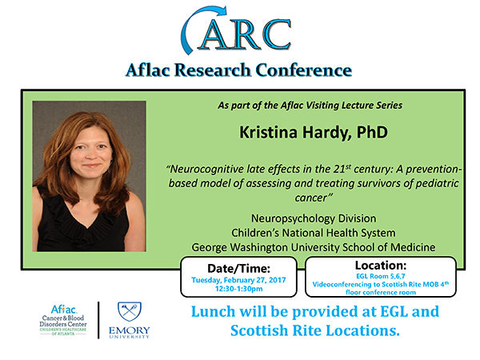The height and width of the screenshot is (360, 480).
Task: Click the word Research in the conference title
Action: tap(213, 70)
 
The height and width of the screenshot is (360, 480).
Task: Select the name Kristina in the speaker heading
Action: tap(268, 132)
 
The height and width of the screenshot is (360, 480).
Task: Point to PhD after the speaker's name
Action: tap(372, 132)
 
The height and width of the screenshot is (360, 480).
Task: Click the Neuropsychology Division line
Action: tap(314, 218)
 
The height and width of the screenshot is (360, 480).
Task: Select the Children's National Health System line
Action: tap(313, 233)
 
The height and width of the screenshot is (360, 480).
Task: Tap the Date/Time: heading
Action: tap(238, 269)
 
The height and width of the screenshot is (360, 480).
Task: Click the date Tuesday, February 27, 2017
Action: tap(238, 280)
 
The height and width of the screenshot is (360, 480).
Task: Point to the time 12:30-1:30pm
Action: tap(238, 289)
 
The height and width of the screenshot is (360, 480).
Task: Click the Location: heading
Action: tap(381, 265)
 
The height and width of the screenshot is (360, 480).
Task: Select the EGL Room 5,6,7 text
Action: tap(381, 276)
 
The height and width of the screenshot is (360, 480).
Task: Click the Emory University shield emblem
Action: tap(130, 312)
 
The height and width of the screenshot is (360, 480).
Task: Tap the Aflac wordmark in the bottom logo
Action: tap(64, 310)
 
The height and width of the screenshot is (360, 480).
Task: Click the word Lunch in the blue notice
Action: tap(214, 312)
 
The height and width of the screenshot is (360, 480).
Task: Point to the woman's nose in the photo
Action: tap(90, 154)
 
